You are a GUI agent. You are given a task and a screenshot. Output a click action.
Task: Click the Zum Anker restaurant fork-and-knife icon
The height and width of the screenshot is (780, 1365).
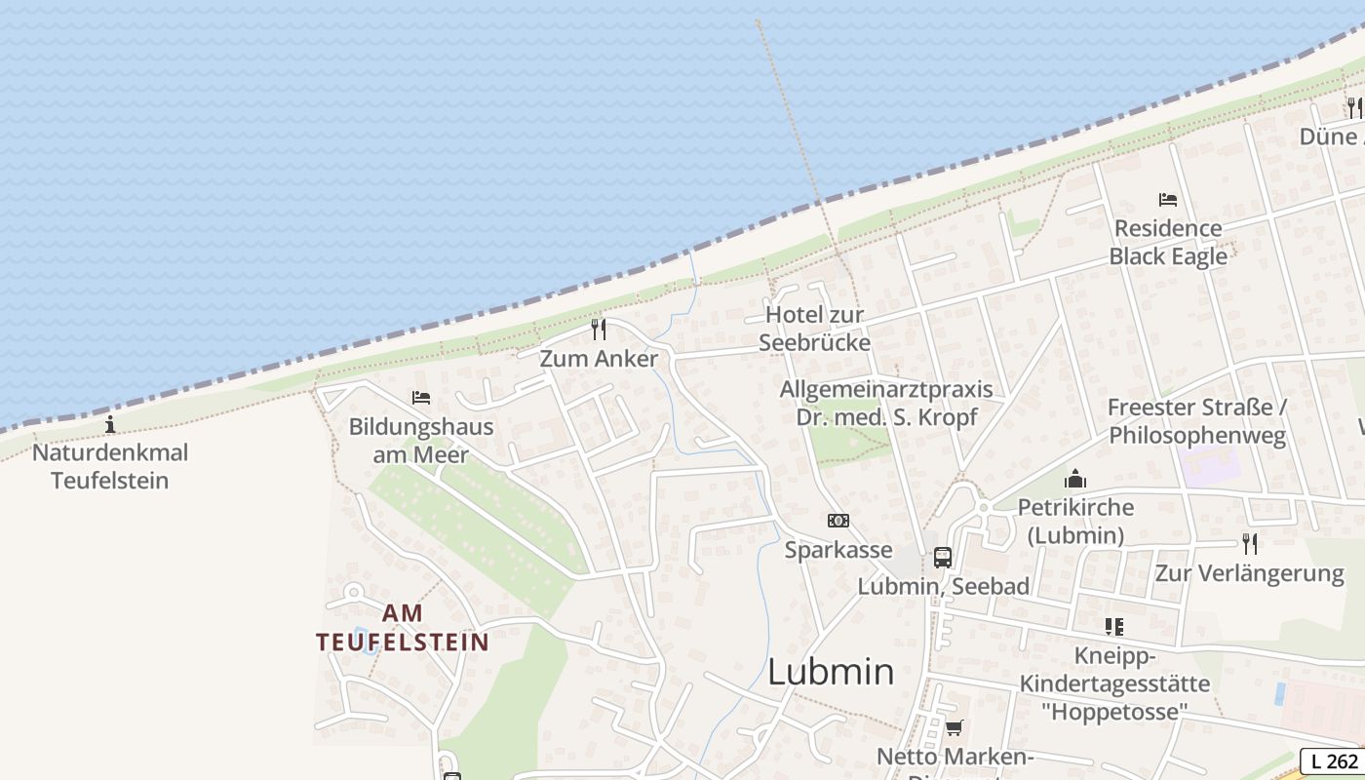point(599,330)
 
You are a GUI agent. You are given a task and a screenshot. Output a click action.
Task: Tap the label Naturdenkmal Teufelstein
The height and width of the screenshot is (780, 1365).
point(110,466)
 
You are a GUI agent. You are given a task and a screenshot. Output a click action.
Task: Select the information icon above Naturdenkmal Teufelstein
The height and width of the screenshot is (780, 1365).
point(110,424)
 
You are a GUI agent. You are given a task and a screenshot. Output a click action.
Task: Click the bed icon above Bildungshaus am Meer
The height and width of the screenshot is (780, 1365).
point(421,398)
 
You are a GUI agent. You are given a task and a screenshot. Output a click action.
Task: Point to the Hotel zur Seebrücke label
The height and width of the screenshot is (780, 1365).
point(815,329)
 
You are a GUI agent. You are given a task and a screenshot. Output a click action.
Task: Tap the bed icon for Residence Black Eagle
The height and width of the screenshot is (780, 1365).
point(1168,200)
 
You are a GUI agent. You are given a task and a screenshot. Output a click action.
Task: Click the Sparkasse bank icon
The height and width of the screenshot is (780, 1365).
point(838,521)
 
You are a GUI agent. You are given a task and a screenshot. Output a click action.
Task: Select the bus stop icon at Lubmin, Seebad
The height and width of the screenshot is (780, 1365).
point(943,558)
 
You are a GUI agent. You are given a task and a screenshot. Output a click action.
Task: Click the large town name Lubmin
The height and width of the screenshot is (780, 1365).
point(831,672)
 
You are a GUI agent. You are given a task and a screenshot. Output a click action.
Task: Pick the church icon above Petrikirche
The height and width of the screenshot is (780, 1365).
point(1075,479)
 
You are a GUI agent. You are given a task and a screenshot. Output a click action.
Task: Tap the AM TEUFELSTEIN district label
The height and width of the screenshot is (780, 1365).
point(403,627)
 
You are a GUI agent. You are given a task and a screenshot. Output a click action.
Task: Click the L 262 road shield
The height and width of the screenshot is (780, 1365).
point(1333,761)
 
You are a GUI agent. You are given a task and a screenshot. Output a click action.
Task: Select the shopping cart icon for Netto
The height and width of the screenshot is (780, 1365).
point(955,727)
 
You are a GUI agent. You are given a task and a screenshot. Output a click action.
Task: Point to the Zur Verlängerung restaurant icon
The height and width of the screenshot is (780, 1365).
point(1250,543)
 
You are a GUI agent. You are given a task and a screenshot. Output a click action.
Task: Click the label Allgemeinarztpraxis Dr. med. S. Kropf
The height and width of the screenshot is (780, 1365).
point(886,404)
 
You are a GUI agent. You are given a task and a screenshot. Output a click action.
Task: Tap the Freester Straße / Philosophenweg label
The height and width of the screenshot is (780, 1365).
point(1197,421)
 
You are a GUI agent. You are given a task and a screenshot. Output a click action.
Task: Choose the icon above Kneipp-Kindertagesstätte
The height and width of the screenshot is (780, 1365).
point(1114,626)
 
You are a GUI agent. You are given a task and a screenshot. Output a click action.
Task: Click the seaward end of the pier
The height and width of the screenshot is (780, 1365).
point(758,21)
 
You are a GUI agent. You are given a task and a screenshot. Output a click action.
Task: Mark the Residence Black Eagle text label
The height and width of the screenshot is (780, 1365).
point(1168,242)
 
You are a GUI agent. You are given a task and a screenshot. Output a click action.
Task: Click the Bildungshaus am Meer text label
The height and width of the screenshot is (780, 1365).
point(421,441)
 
